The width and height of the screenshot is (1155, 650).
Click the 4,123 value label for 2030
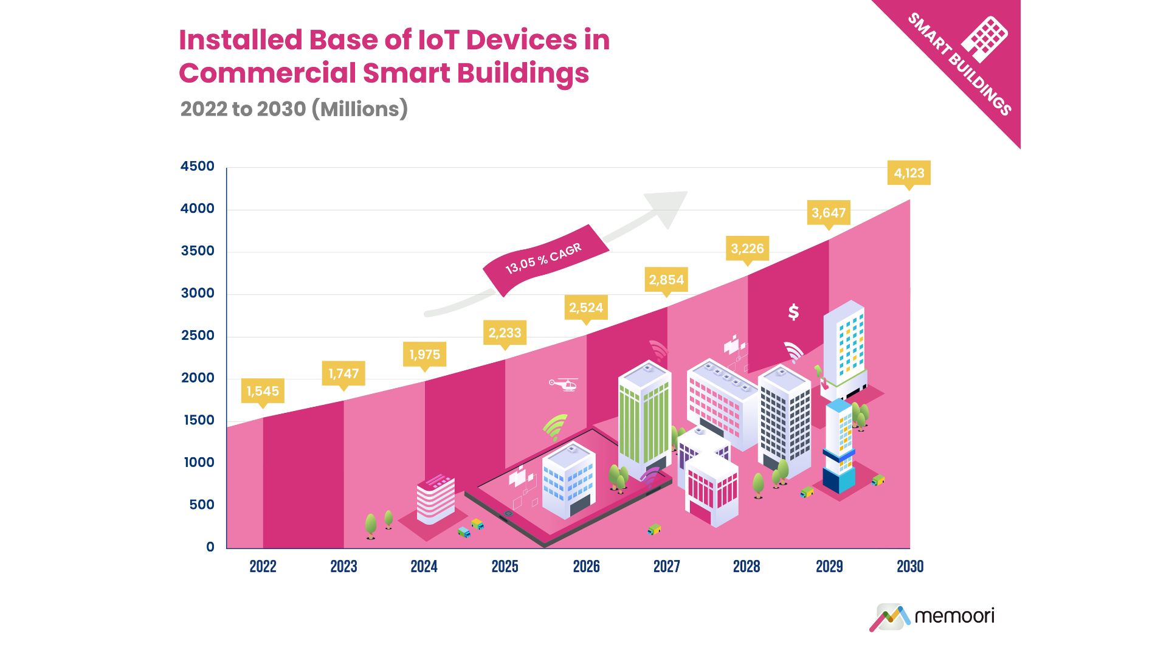point(909,173)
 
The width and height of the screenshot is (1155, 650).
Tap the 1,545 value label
point(263,391)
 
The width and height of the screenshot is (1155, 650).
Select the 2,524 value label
point(586,308)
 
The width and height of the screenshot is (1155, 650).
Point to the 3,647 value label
point(828,213)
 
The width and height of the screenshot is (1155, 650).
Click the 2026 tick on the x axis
point(586,567)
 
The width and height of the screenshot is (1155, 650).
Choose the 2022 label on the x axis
point(263,567)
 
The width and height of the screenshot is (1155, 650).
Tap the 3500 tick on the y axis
point(198,251)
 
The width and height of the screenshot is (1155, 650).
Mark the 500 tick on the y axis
point(201,505)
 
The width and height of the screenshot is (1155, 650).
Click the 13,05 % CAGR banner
point(544,259)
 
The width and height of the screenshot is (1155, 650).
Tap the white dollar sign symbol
point(793,312)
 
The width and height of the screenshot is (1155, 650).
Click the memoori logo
point(933,617)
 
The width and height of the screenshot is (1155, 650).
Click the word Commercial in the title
point(267,74)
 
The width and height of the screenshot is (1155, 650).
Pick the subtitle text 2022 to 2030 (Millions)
point(294,109)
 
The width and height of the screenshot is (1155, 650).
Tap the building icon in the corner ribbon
point(984,40)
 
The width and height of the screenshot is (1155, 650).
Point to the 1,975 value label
point(424,354)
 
